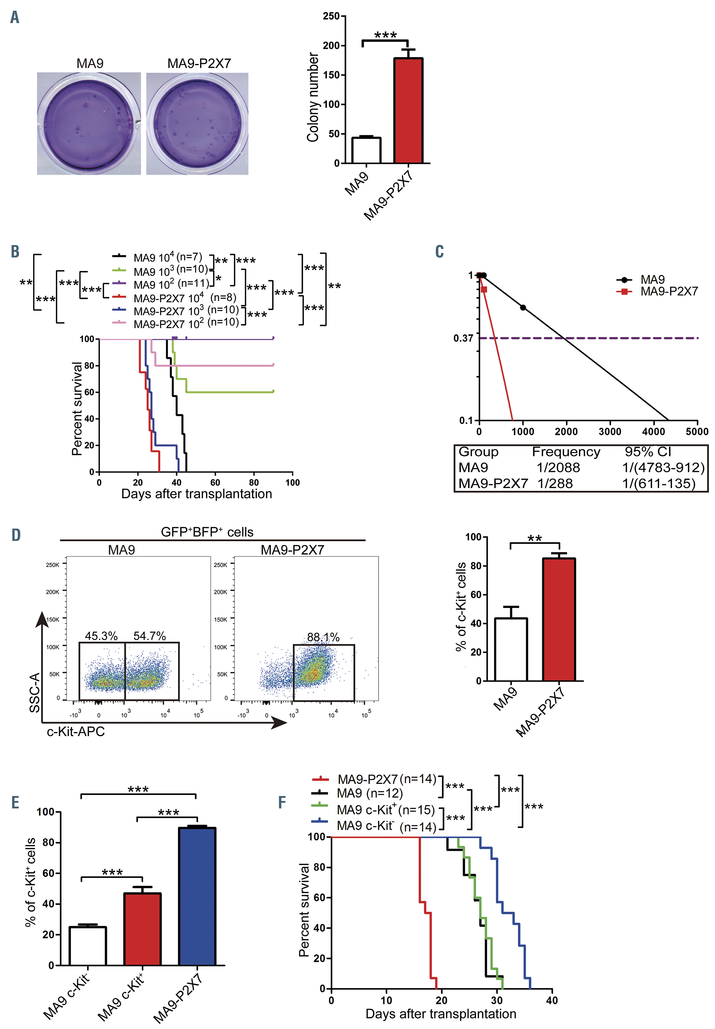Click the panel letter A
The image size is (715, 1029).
coord(15,18)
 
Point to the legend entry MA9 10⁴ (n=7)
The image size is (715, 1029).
coord(168,257)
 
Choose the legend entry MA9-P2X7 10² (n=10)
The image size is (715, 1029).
coord(186,322)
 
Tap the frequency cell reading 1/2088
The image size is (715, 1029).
coord(558,468)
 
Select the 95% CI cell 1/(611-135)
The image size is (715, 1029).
coord(658,483)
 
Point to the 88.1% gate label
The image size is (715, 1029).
coord(323,637)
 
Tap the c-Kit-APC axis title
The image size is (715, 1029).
coord(76,731)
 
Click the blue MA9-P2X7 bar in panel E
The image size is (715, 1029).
coord(197,896)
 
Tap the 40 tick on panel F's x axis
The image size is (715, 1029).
coord(552,1000)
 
